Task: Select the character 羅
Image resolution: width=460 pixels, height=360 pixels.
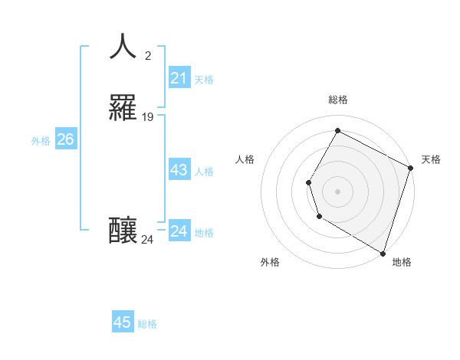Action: point(123,109)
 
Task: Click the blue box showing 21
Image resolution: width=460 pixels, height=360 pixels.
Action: point(179,78)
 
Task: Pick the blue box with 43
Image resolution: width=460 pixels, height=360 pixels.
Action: point(179,170)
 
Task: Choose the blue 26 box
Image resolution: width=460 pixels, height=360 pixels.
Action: point(65,139)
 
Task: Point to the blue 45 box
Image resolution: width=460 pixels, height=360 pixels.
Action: point(123,322)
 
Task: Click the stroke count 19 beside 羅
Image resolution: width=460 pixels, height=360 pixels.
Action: point(148,117)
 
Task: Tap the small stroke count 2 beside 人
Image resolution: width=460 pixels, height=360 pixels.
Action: point(148,55)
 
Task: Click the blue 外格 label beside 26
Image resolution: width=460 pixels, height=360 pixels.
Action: point(41,141)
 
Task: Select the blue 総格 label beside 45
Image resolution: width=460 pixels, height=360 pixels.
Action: point(147,324)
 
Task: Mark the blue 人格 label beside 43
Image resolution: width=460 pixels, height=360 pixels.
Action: point(205,172)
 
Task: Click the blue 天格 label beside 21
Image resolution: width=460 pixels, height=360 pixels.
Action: point(204,80)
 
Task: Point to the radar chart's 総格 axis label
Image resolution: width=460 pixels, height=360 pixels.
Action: point(338,100)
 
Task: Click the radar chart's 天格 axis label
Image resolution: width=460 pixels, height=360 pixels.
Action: point(431,159)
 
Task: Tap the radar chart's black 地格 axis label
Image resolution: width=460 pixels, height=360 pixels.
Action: point(402,262)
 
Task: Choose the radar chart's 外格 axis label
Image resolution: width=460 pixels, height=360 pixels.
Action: point(270,262)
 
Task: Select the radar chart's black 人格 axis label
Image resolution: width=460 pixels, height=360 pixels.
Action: point(245,159)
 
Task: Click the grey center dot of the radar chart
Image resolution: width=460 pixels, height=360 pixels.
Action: point(337,191)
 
